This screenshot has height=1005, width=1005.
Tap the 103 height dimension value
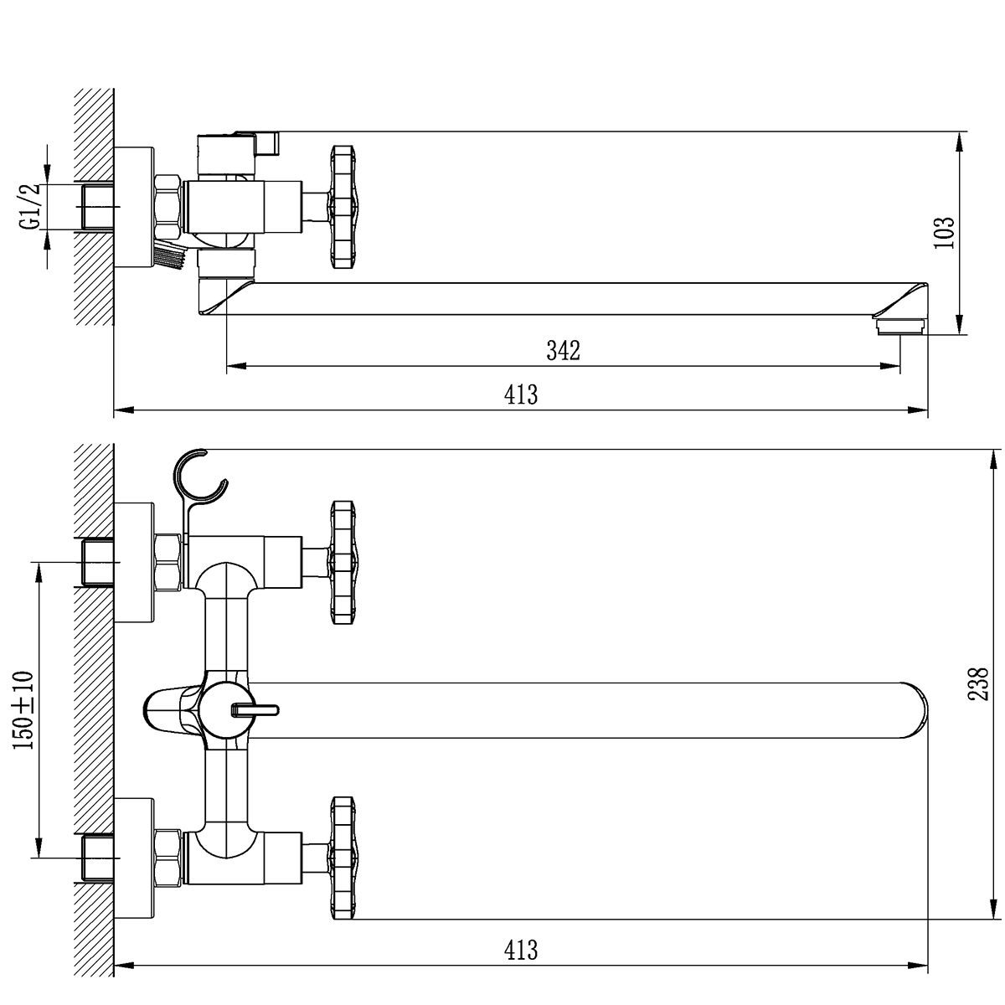tap(944, 233)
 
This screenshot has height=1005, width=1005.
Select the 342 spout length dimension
tap(564, 350)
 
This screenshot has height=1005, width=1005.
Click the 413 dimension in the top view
tap(520, 394)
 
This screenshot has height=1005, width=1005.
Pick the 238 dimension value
tap(978, 684)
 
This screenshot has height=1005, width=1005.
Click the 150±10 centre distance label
tap(23, 710)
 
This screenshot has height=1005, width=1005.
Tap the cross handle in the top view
tap(343, 207)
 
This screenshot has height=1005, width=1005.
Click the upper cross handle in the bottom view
tap(343, 563)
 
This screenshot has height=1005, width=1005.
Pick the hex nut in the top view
tap(167, 207)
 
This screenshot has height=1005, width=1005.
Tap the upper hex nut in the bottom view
tap(168, 562)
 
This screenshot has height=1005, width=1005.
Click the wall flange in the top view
tap(134, 207)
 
